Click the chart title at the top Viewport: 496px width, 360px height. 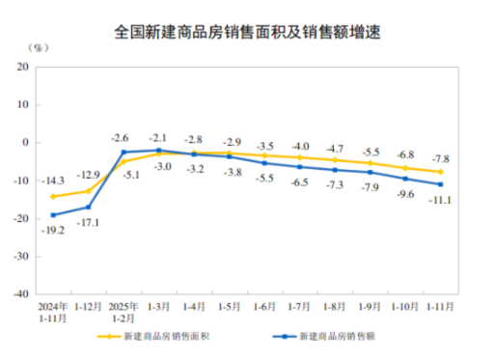(248, 31)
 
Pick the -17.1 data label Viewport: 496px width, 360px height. (88, 223)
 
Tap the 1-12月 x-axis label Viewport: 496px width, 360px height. (88, 307)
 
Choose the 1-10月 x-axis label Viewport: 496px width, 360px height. (405, 307)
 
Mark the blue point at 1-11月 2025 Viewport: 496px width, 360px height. (440, 184)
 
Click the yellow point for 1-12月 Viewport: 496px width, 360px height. (88, 191)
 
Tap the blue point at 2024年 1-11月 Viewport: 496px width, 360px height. (53, 215)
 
